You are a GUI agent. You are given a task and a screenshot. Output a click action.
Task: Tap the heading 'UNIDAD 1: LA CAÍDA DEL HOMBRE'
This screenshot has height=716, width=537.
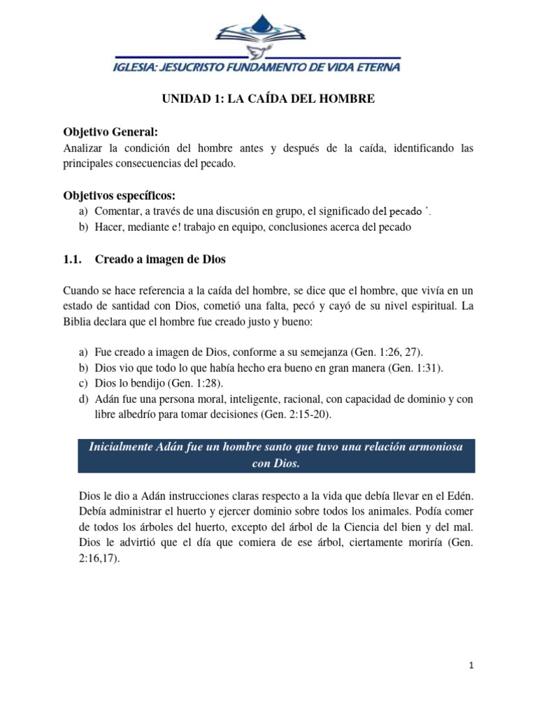268,100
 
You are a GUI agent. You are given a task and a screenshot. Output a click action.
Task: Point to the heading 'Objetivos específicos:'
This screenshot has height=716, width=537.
119,195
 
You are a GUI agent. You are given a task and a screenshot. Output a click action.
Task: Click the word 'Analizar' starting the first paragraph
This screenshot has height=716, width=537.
83,149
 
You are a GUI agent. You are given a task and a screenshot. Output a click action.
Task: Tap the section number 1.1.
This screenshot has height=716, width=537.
72,259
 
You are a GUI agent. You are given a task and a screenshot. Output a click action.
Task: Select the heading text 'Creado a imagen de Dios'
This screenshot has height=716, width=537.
160,259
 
